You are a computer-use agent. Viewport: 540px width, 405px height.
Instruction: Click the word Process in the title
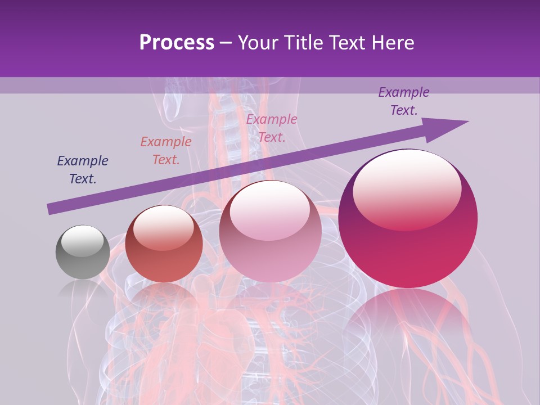click(177, 42)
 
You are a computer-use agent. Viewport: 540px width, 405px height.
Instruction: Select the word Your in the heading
click(257, 42)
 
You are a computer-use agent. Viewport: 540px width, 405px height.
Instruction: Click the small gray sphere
click(83, 253)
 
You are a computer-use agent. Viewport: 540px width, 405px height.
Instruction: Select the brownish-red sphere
click(164, 245)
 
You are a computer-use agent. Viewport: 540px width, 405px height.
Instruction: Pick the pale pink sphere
click(270, 232)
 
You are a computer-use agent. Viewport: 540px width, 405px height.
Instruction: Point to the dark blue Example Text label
click(83, 169)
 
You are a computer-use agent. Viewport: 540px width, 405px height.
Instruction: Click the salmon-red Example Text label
click(166, 150)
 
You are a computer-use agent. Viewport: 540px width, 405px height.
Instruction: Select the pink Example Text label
click(272, 128)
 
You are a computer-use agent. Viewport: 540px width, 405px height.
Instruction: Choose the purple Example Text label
click(404, 101)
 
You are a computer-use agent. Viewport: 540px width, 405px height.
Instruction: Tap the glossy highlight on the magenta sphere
click(407, 188)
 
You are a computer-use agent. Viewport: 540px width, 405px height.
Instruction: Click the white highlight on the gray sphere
click(82, 239)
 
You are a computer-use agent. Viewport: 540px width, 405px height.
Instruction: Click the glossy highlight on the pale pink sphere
click(269, 210)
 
